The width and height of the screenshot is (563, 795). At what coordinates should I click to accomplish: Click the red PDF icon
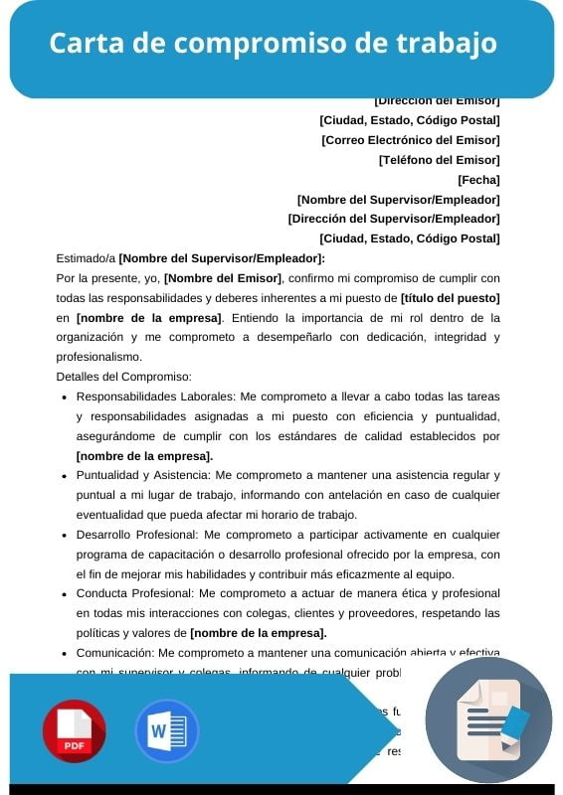click(74, 730)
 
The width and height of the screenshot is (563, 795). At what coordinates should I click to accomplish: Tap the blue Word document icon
click(166, 730)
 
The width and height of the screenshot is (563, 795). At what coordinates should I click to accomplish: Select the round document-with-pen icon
click(487, 720)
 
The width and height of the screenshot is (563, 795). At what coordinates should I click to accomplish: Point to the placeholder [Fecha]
click(478, 180)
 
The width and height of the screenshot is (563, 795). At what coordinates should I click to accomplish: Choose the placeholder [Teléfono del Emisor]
click(439, 160)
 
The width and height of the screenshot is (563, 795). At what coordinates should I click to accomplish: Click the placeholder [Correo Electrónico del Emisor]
click(410, 140)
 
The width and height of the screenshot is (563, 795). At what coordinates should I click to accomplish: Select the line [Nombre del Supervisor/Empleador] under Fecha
click(398, 200)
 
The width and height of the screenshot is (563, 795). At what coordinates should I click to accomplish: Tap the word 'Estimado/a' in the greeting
click(86, 258)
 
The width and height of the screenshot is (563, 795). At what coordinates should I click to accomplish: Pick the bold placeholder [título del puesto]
click(450, 298)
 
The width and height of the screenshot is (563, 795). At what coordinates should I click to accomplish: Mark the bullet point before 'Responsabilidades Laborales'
click(65, 397)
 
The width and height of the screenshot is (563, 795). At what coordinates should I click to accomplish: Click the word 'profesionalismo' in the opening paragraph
click(99, 357)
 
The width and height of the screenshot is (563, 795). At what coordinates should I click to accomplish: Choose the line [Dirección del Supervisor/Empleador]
click(393, 219)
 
